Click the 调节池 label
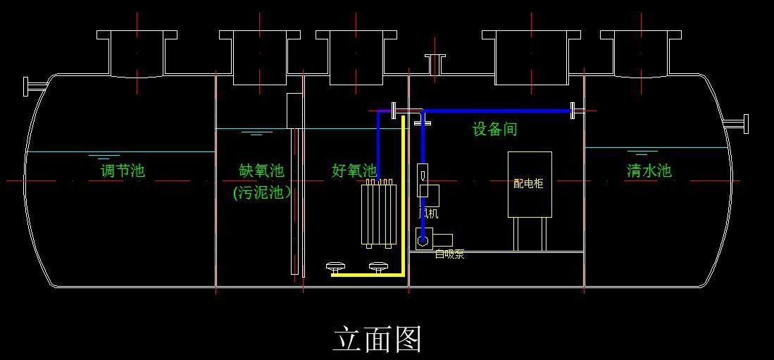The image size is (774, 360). [123, 170]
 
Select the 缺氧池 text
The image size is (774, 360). [261, 170]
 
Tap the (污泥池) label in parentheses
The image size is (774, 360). [262, 192]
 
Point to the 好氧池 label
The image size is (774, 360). [354, 170]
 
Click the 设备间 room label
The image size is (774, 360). [494, 130]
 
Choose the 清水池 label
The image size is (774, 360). [649, 170]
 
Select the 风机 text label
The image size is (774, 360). [428, 213]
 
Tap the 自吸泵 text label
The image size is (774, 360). [449, 254]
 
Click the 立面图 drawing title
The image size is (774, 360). [377, 340]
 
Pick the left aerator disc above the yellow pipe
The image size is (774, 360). [336, 266]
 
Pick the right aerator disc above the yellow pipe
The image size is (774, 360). [379, 266]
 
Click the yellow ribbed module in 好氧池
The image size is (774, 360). [378, 214]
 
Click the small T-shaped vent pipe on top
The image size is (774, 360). [435, 63]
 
